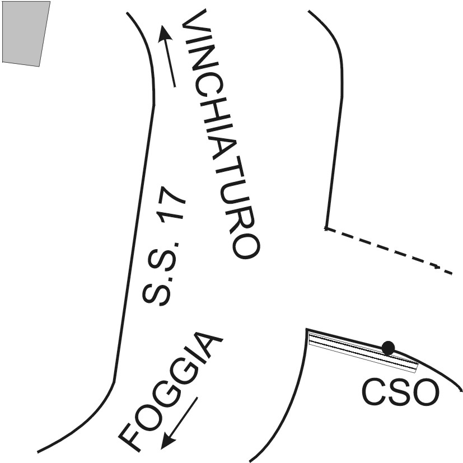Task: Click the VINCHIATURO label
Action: click(x=221, y=134)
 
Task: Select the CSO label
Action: click(x=399, y=392)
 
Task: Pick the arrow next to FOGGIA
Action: click(x=180, y=423)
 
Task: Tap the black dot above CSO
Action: click(x=388, y=348)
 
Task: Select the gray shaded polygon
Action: click(x=25, y=32)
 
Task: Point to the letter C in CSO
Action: click(x=373, y=392)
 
